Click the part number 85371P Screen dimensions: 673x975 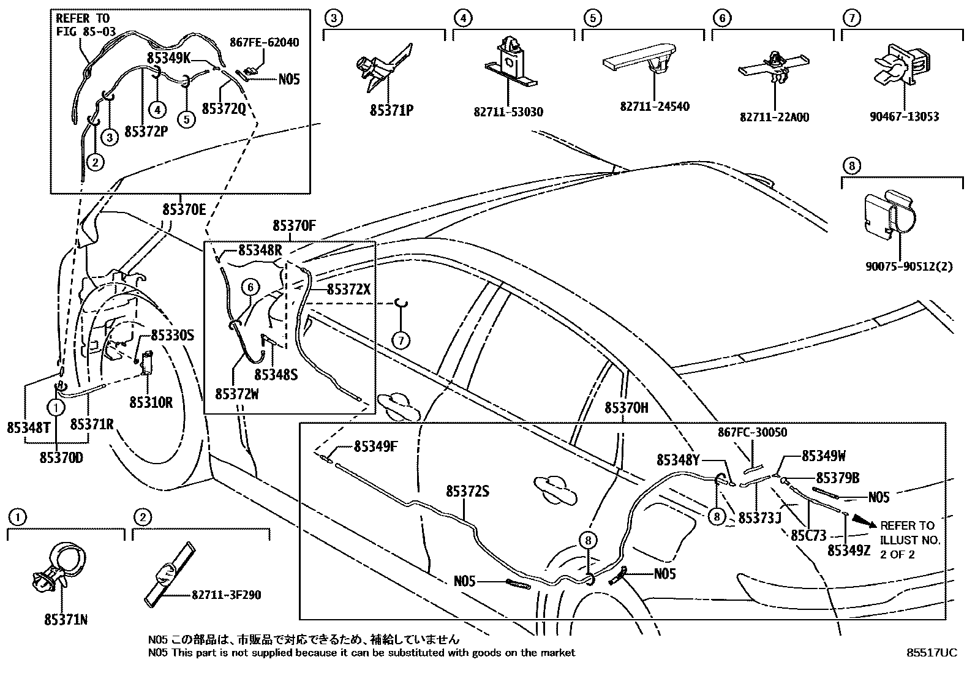(x=391, y=111)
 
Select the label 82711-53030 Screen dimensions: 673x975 (x=508, y=112)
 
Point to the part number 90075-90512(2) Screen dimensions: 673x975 (x=909, y=266)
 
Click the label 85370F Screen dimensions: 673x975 (x=294, y=226)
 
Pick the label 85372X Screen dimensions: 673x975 (x=348, y=289)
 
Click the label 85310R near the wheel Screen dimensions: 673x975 (x=151, y=402)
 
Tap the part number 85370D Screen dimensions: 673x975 (x=61, y=457)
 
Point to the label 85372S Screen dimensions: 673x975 (x=468, y=491)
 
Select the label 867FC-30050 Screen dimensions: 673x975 (x=752, y=432)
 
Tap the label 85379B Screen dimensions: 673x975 (x=837, y=477)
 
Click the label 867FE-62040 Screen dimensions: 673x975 (x=265, y=42)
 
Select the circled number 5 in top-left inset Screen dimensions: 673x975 (x=187, y=118)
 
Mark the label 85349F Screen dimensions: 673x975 (x=375, y=446)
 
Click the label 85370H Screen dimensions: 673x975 (x=626, y=408)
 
